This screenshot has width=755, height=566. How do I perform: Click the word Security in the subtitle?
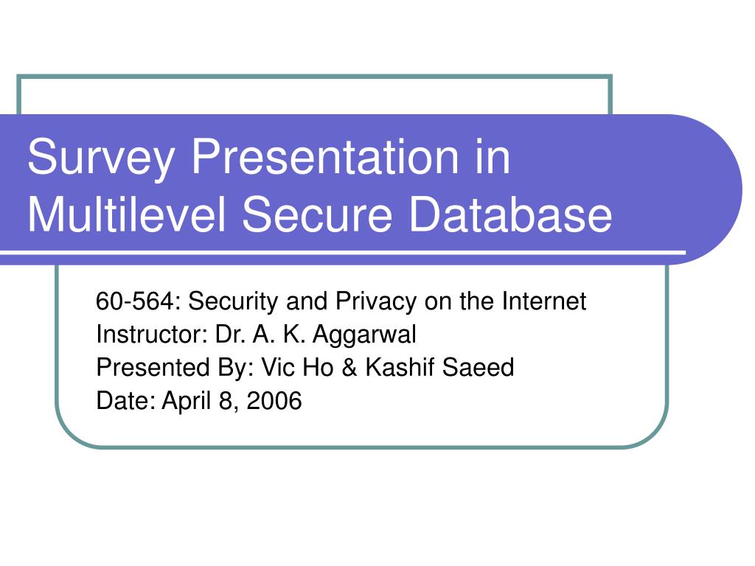tap(233, 302)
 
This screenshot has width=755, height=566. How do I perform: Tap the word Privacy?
tap(376, 302)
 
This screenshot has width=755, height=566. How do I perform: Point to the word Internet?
tap(543, 301)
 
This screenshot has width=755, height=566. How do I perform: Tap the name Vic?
tap(277, 367)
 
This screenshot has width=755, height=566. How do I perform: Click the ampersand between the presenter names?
tap(349, 367)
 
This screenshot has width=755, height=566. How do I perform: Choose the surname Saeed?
tap(478, 367)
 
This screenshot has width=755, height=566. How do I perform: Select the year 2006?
tap(274, 400)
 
